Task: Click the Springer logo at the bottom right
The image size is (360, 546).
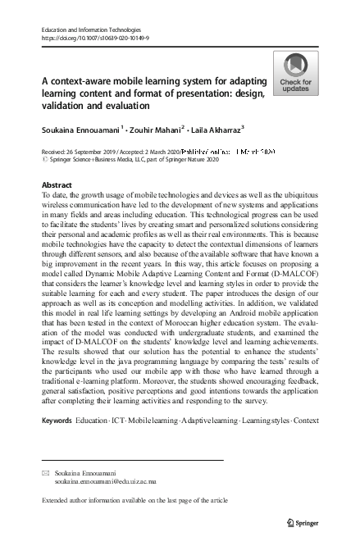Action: (298, 522)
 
